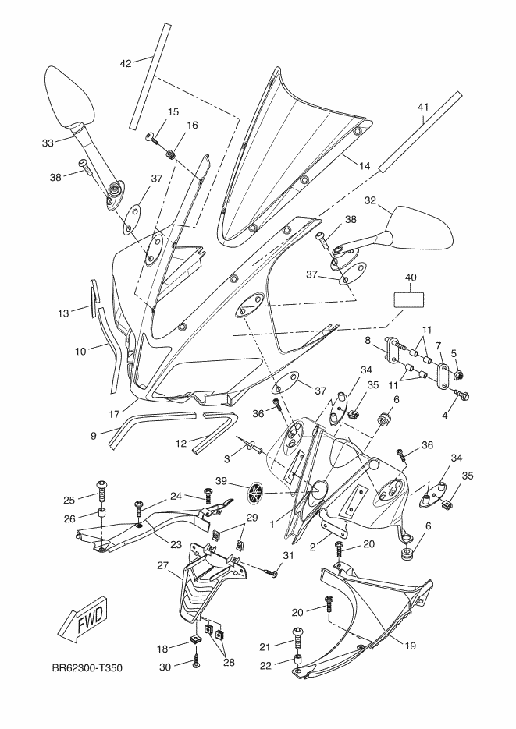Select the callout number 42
pos(126,63)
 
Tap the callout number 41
pos(422,107)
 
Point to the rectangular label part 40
pos(410,300)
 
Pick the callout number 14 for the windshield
pos(365,165)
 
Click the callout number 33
pos(48,143)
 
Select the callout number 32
pos(370,200)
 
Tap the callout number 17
pos(115,413)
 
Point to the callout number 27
pos(162,565)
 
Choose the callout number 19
pos(411,646)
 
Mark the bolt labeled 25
pos(101,491)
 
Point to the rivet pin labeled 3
pos(251,445)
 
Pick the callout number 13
pos(63,313)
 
